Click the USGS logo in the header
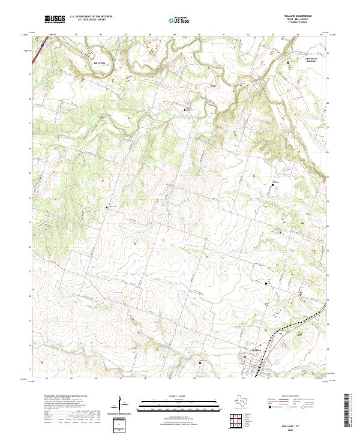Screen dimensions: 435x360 pyautogui.click(x=55, y=19)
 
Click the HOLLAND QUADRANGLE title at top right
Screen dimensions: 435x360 pyautogui.click(x=303, y=16)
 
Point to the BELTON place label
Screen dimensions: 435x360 pyautogui.click(x=99, y=62)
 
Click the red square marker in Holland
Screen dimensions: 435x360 pyautogui.click(x=245, y=358)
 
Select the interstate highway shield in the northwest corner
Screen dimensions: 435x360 pyautogui.click(x=43, y=43)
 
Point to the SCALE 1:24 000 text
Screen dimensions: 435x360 pyautogui.click(x=178, y=396)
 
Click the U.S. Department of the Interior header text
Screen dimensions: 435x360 pyautogui.click(x=91, y=17)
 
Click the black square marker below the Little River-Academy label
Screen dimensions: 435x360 pyautogui.click(x=288, y=62)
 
